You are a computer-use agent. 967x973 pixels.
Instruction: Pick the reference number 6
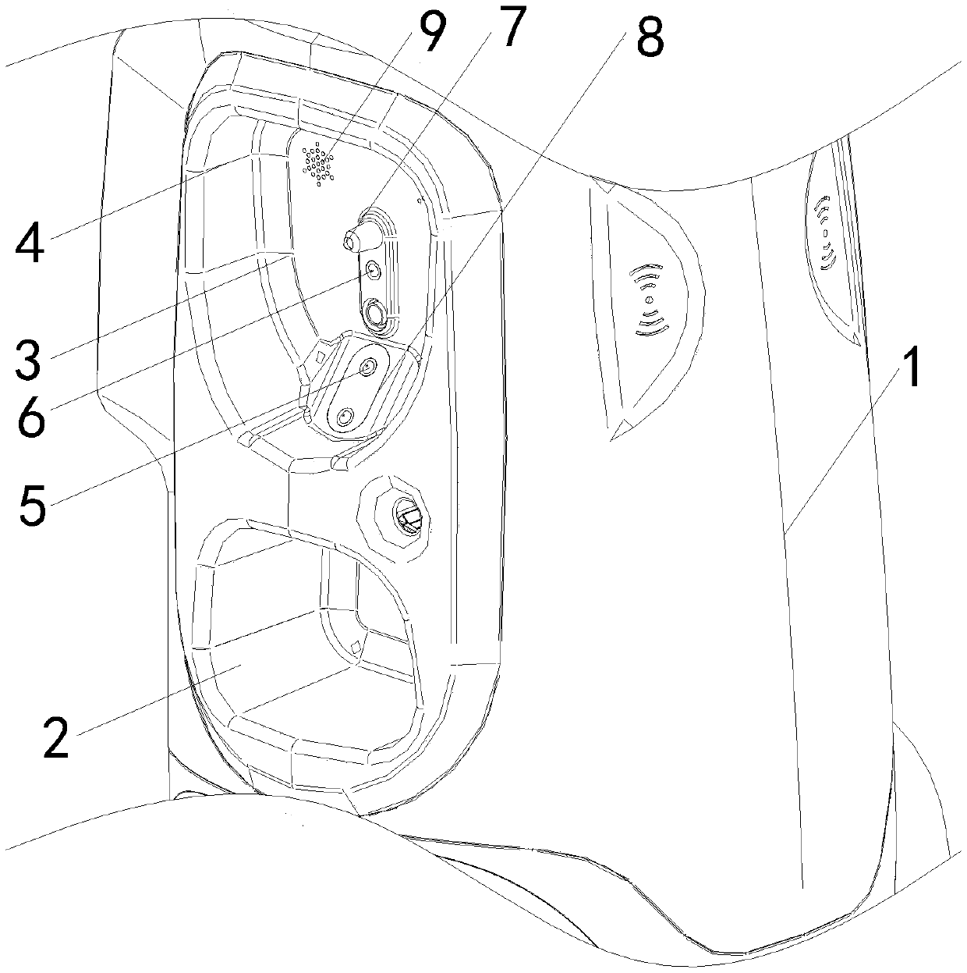pos(29,414)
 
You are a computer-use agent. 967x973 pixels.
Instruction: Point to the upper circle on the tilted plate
pos(367,366)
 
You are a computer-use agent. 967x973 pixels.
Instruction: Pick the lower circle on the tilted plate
pos(344,419)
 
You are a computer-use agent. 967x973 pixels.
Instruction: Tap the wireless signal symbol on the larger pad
pos(647,300)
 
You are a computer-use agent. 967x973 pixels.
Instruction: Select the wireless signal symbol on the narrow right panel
pos(825,236)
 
